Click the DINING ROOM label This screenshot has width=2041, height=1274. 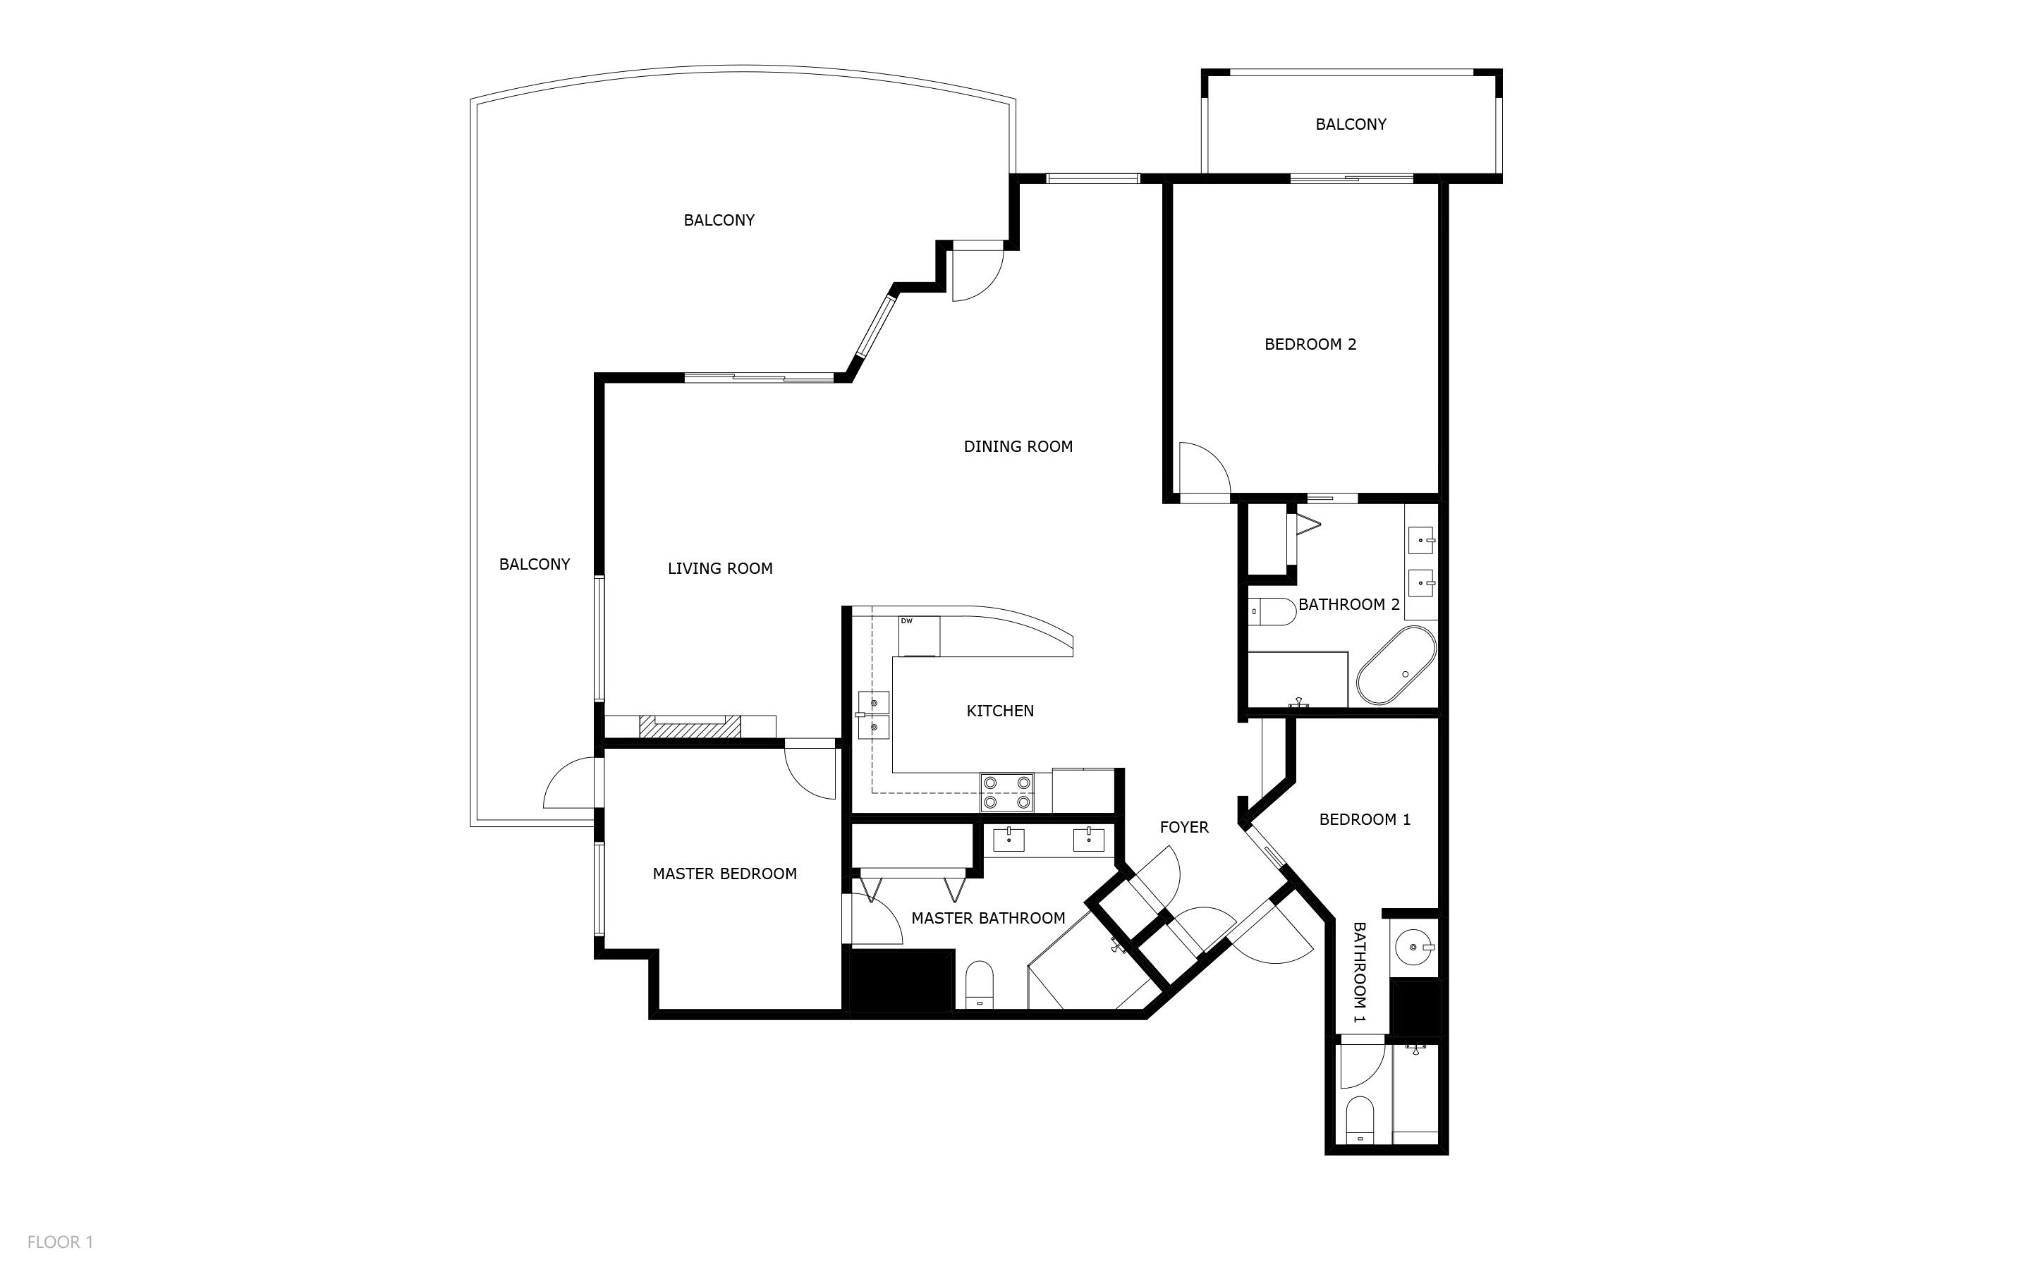1018,446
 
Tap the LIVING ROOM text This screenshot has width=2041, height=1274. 719,569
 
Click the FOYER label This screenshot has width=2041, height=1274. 1184,828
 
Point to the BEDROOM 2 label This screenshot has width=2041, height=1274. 1310,344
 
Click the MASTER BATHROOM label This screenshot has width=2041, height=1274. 987,919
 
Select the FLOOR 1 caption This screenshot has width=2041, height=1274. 60,1242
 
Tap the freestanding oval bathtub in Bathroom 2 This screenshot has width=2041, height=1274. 1396,666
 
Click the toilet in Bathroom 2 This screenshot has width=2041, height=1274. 1272,612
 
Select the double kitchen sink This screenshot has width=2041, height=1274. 873,714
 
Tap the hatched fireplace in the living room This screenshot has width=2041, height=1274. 689,727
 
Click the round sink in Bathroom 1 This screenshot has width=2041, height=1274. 1414,947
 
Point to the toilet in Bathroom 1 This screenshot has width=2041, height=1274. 1359,1120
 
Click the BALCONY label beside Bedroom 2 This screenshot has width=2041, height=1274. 1350,125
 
